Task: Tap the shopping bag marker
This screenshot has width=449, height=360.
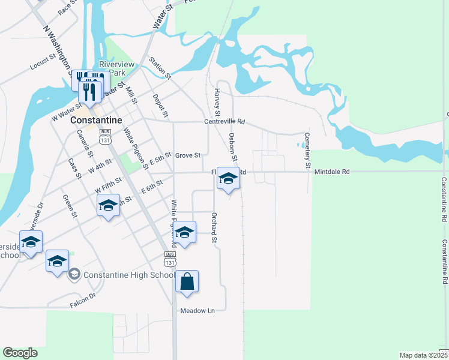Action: (x=187, y=282)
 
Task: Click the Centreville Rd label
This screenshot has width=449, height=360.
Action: (x=225, y=122)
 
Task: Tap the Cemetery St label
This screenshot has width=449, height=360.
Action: (x=308, y=150)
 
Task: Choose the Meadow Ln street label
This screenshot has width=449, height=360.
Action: (x=197, y=311)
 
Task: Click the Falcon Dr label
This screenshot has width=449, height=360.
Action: (x=82, y=301)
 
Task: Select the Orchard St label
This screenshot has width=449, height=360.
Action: (x=214, y=227)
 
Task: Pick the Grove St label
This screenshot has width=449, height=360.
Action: (x=187, y=155)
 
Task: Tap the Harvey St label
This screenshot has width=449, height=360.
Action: (x=217, y=102)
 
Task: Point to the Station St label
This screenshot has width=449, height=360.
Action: (x=160, y=68)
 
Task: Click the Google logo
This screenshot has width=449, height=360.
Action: (x=20, y=353)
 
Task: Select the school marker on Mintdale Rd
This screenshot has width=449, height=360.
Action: (x=228, y=179)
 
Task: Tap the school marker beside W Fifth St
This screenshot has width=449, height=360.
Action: (x=108, y=206)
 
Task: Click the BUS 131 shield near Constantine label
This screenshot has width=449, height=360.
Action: (x=105, y=136)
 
